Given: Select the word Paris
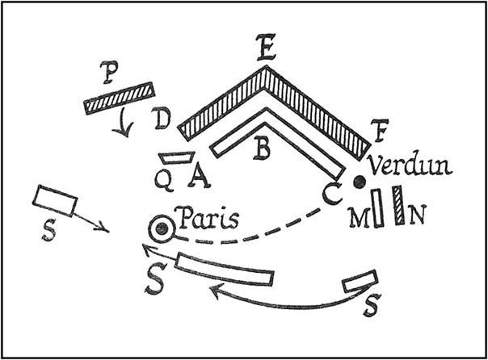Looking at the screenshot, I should (205, 219).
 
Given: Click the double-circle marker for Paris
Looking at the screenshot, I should (162, 229).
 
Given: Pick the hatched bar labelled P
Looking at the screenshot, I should (119, 96).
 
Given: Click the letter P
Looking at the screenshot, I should (111, 72).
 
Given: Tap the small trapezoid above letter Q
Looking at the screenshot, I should (175, 159).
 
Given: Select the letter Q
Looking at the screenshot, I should (165, 183).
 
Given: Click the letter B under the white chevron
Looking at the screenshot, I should (262, 149).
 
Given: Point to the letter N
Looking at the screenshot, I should (417, 216).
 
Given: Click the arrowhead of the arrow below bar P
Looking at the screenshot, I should (124, 133).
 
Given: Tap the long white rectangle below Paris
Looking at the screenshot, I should (225, 270).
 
